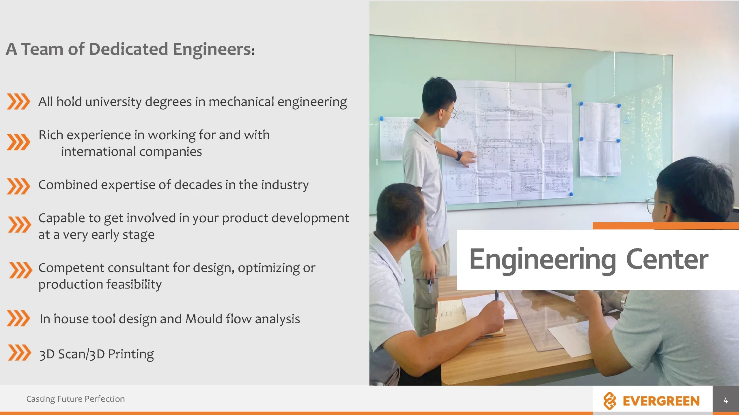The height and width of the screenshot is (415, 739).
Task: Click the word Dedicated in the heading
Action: point(128,49)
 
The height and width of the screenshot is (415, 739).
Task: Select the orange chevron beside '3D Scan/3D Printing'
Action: point(19,352)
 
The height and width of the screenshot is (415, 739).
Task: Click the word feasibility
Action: point(134,285)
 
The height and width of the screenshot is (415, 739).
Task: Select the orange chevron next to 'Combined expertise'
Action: point(18,186)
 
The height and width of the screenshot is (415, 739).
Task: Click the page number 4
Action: point(726,400)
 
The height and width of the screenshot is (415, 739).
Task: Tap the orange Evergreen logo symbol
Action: point(610,401)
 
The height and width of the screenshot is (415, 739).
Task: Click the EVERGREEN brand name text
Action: point(661,401)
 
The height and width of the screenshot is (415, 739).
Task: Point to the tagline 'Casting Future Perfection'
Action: point(76,399)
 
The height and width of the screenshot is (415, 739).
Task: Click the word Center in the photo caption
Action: point(667,259)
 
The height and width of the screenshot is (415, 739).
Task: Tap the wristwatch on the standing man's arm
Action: point(459,156)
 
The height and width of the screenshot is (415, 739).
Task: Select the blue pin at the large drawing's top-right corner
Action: point(570,86)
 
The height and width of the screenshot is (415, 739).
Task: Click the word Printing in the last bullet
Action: point(131,354)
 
